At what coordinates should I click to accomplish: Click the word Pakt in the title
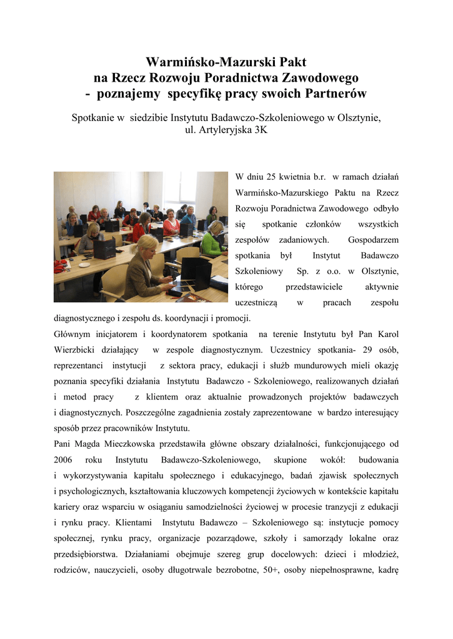pos(289,62)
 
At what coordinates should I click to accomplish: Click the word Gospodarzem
pos(373,240)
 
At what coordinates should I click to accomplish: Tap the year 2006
pos(64,459)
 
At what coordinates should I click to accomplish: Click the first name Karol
pos(385,334)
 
